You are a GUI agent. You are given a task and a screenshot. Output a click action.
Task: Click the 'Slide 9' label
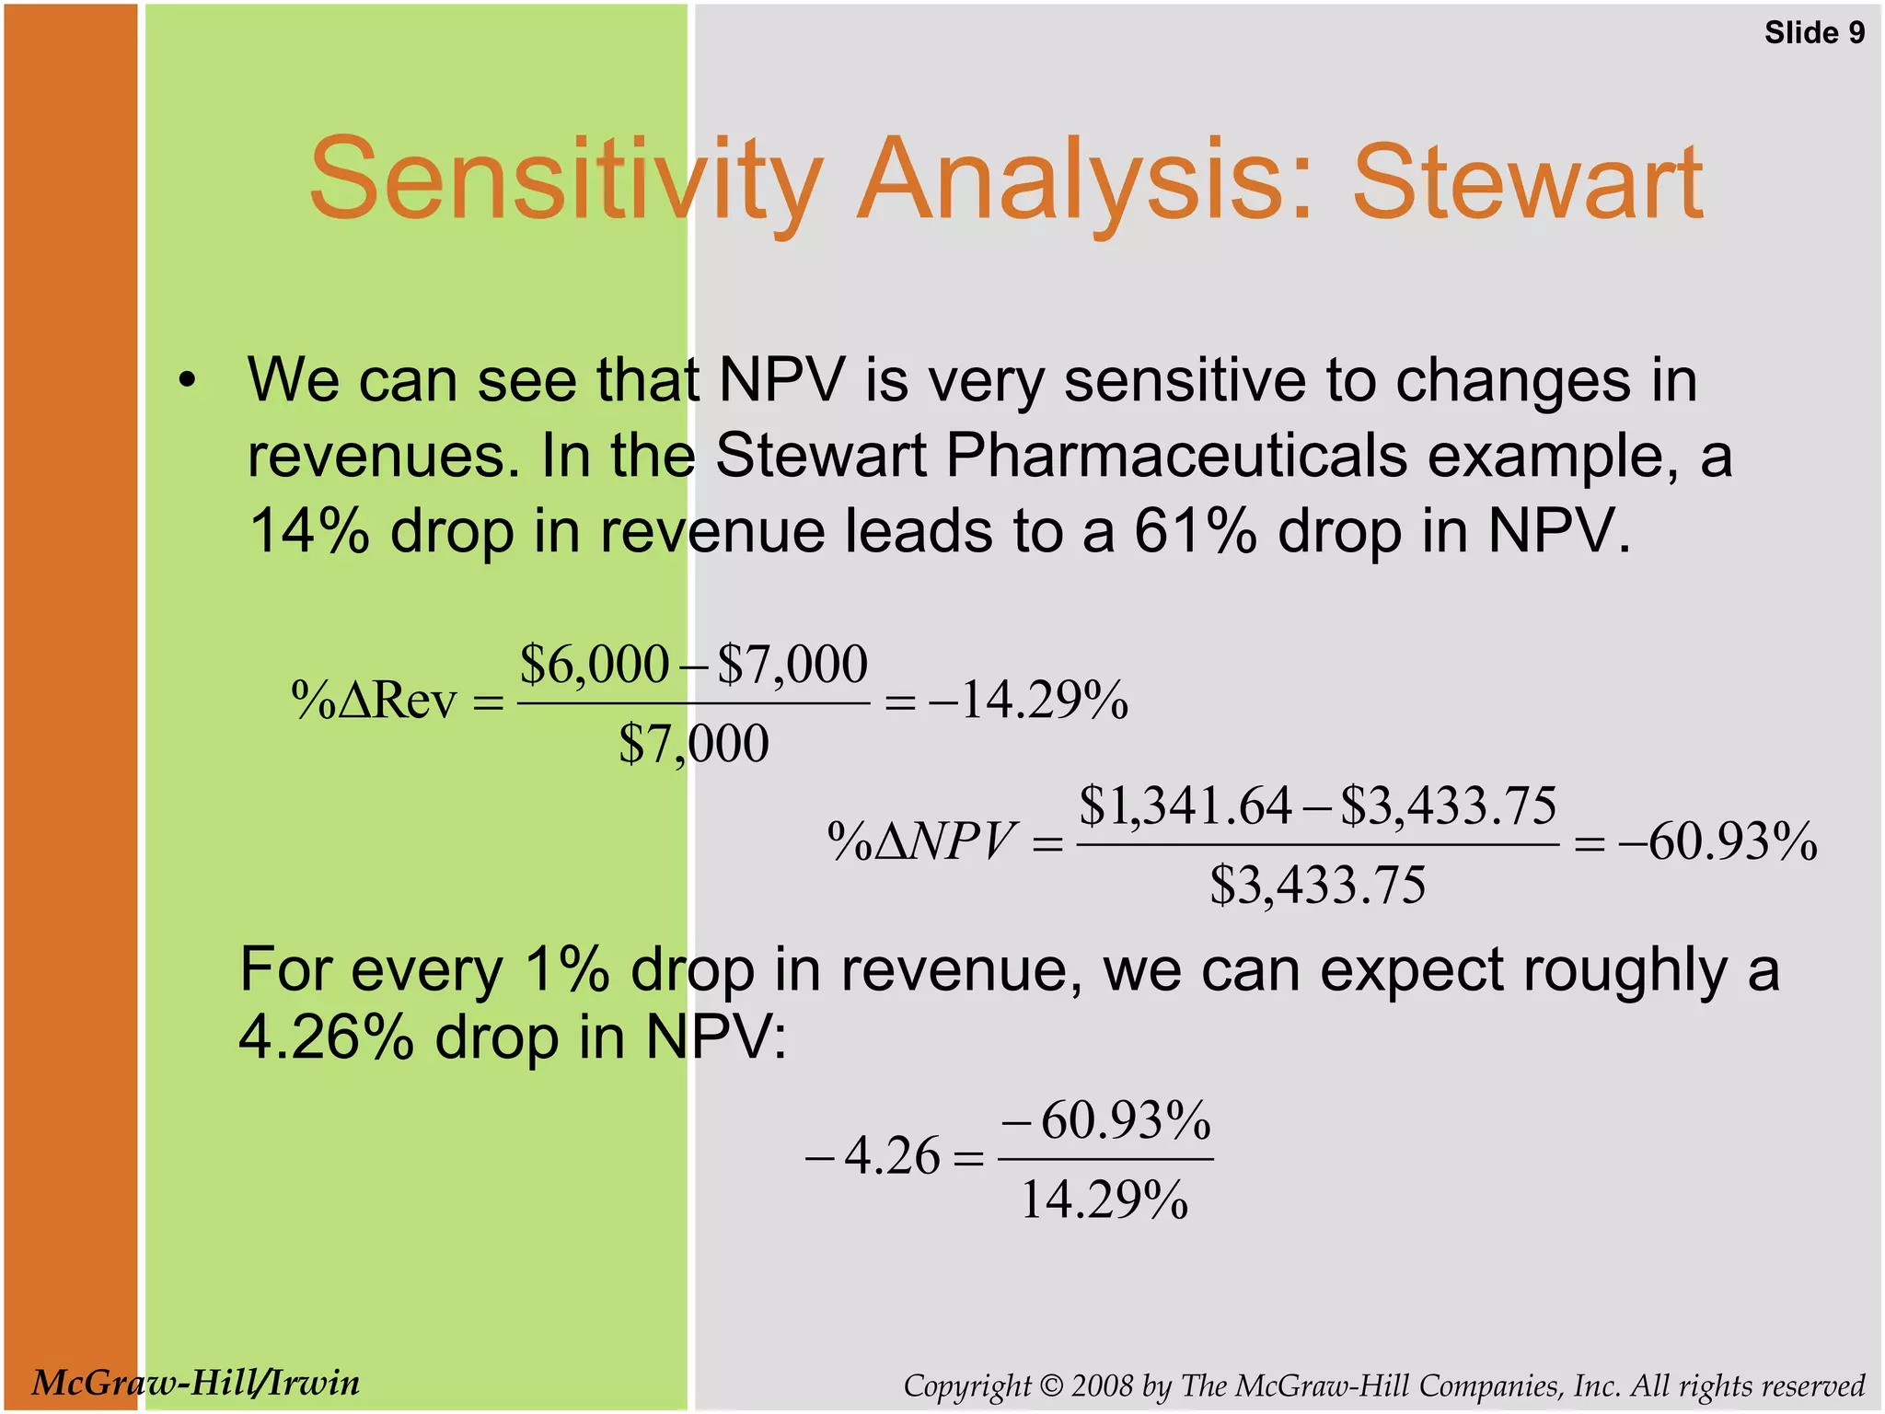(x=1813, y=33)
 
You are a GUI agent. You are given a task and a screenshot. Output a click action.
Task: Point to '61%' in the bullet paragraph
(x=1195, y=531)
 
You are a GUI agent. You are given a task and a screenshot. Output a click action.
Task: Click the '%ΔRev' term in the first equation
(x=374, y=701)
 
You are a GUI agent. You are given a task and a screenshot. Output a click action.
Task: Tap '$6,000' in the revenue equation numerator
(x=594, y=664)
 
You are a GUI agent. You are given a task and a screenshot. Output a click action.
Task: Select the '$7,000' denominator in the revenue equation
(x=693, y=743)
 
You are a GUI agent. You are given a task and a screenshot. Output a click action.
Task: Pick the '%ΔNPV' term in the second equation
(x=920, y=841)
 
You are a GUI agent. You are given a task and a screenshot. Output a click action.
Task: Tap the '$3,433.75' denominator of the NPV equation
(x=1317, y=885)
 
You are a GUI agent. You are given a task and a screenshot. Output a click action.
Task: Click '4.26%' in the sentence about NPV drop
(x=326, y=1037)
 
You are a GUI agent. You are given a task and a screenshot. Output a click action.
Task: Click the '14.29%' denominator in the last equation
(x=1104, y=1200)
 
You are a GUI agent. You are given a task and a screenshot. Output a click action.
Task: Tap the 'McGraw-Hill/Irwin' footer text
(x=196, y=1383)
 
